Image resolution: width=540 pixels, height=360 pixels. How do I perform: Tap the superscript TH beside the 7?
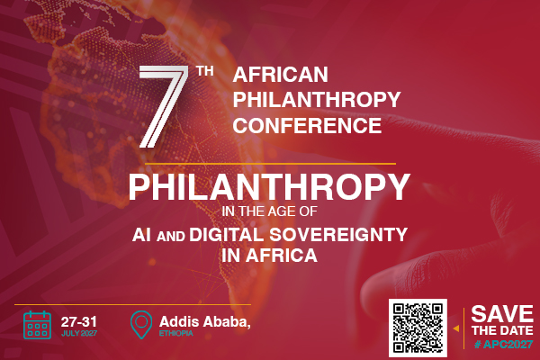[205, 71]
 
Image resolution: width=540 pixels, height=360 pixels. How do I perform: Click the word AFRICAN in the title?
[280, 75]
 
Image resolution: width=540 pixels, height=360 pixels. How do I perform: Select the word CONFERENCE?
[307, 125]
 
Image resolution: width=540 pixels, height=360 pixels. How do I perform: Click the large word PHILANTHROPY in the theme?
[269, 186]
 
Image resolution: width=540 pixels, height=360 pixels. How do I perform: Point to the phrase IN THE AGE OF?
[269, 211]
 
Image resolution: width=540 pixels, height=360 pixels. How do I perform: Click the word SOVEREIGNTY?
[338, 235]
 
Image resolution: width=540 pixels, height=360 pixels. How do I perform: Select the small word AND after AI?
[170, 237]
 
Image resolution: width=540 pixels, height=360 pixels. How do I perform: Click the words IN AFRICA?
[269, 256]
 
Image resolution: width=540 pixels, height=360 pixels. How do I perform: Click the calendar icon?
[37, 325]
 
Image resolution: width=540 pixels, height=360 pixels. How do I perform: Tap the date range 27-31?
[79, 322]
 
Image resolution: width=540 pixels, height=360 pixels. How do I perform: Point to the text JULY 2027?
[79, 334]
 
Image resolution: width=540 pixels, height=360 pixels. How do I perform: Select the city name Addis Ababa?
[204, 322]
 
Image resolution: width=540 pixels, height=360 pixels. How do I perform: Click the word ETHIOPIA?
[176, 334]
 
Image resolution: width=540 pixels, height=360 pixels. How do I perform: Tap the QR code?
[418, 328]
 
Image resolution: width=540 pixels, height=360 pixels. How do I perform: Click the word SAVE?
[502, 314]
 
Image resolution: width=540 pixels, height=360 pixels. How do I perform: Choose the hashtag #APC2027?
[503, 344]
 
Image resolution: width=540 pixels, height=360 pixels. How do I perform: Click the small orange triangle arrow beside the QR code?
[456, 328]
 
